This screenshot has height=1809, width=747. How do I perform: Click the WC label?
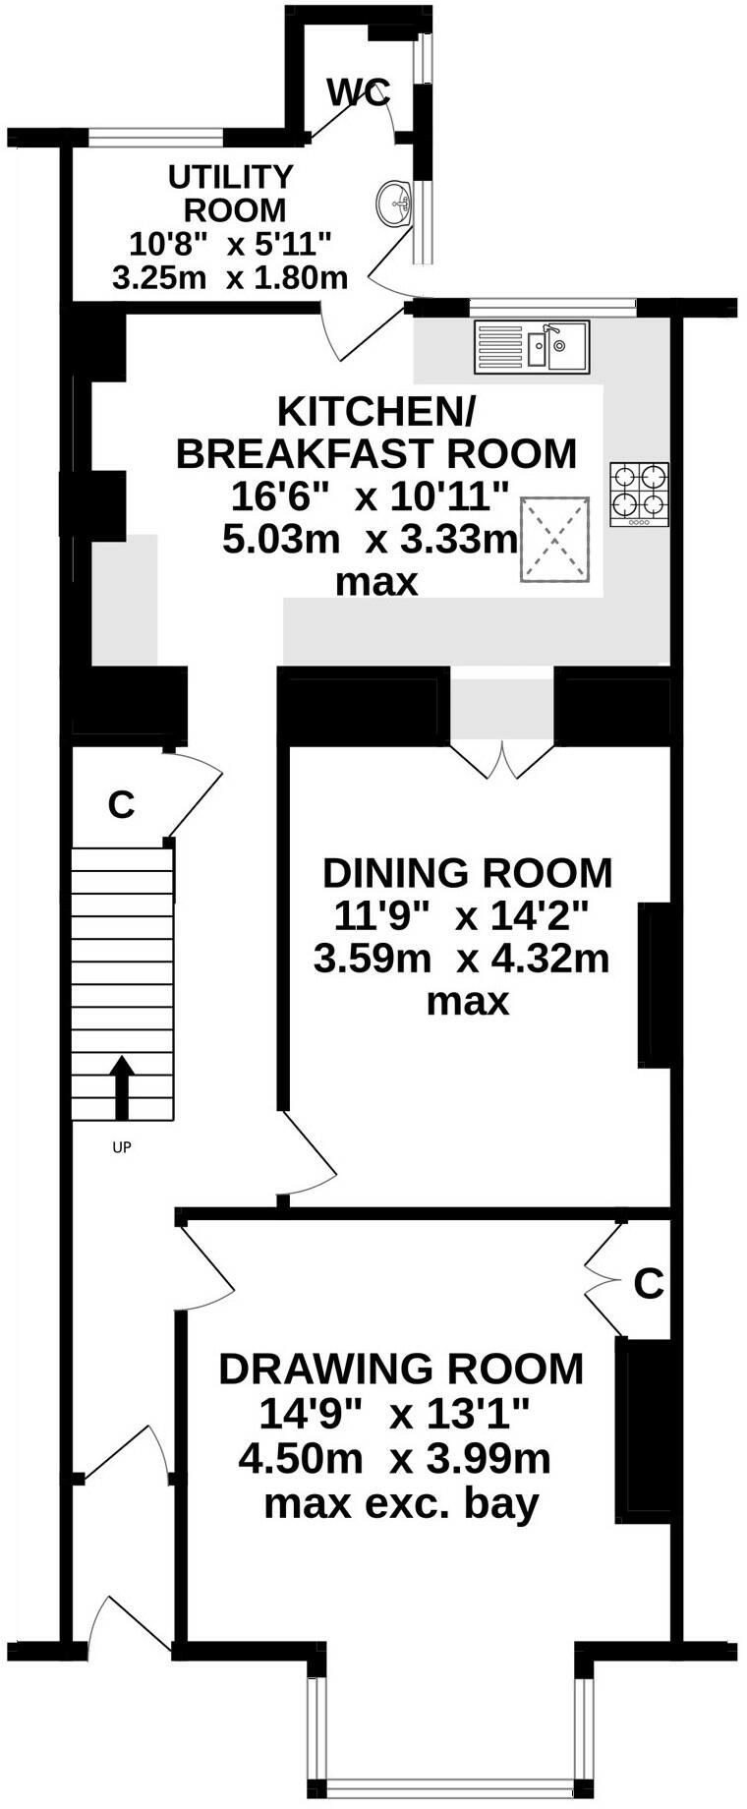point(359,92)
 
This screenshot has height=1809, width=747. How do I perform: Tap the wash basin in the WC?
point(394,204)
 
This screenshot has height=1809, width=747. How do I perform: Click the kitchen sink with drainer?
point(532,347)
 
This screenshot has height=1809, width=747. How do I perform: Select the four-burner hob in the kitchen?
point(639,494)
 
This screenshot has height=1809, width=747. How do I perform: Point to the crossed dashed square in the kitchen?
point(554,540)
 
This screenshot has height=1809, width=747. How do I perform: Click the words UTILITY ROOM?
point(232,193)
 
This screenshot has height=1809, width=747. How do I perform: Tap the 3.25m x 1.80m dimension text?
point(230,277)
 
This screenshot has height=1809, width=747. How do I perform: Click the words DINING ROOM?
point(468,872)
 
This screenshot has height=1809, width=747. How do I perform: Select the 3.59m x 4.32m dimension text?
point(462,958)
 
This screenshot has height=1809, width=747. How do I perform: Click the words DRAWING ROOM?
point(401,1369)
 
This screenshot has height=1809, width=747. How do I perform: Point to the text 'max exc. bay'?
point(401,1503)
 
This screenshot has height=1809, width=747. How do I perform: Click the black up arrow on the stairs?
point(122,1087)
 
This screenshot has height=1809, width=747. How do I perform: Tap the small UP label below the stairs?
point(122,1146)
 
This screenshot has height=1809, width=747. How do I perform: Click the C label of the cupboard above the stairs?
point(121,804)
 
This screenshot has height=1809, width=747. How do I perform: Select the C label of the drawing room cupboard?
point(649,1283)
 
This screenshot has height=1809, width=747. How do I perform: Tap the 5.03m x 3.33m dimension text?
point(370,540)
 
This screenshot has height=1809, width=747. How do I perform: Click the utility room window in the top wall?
point(156,138)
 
